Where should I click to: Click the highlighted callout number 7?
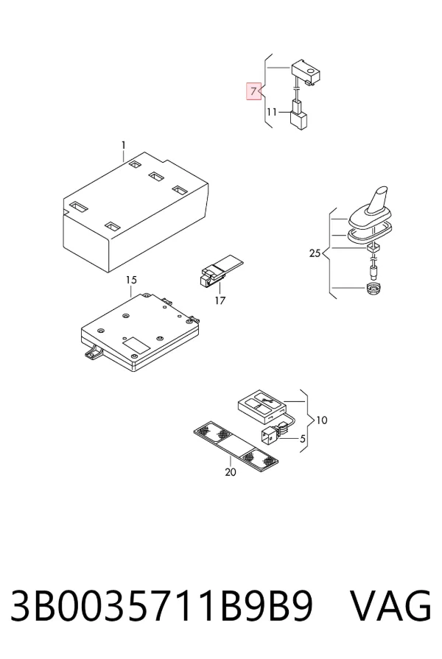253,91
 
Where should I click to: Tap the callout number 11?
272,112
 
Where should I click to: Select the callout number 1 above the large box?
124,145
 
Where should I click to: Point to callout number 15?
131,280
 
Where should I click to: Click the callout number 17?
220,300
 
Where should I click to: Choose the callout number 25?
315,253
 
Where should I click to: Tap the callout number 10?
322,420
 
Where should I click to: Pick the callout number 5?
302,440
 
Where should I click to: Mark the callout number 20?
231,473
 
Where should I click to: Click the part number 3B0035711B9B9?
161,606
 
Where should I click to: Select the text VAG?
390,606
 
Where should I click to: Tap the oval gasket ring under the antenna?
370,233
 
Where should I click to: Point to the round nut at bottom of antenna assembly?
373,289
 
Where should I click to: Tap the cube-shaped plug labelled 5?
270,435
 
